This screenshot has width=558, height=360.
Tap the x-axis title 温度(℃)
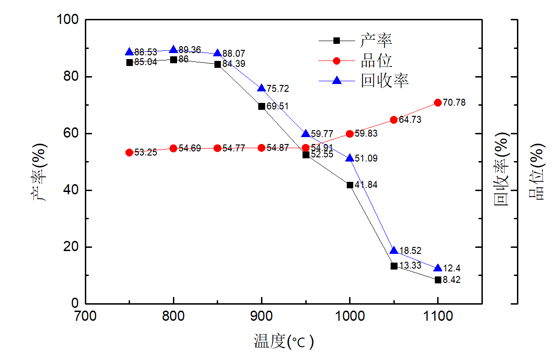[x=284, y=342]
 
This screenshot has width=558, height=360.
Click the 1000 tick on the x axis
[x=350, y=316]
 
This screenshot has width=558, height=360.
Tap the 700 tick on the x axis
[x=85, y=316]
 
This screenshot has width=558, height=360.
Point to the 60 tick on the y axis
[x=71, y=134]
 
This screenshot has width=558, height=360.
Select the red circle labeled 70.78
[x=438, y=102]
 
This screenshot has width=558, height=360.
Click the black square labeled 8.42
[x=438, y=280]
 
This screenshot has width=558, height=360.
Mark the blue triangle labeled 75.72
[x=261, y=88]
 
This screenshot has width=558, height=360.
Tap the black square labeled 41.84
[x=350, y=185]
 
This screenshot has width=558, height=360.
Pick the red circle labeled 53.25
[x=130, y=152]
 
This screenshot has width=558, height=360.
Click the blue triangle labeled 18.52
[x=394, y=251]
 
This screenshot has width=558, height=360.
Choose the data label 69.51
[x=278, y=107]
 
